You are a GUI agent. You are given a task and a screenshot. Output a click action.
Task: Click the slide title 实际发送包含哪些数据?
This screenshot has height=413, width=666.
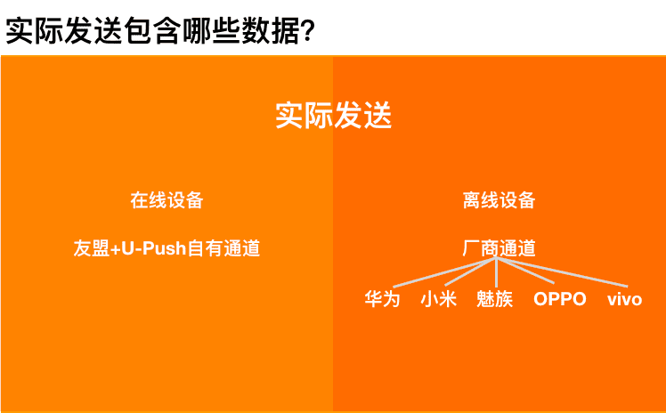[160, 30]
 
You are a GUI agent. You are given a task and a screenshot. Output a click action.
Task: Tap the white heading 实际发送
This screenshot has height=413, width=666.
[333, 115]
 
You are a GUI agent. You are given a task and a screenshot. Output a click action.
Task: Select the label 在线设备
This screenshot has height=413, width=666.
[166, 200]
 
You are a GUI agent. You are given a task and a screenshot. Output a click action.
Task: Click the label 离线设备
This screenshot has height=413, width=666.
[499, 200]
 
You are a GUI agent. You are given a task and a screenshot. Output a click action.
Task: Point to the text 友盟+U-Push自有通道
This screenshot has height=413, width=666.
[166, 248]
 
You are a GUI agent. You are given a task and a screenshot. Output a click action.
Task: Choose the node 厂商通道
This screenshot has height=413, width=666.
[499, 248]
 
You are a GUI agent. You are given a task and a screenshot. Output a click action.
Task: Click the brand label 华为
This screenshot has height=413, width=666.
[382, 299]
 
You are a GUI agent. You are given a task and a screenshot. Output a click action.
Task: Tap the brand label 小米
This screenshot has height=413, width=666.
[438, 299]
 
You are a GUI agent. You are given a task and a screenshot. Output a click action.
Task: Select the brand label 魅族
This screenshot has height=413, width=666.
[495, 299]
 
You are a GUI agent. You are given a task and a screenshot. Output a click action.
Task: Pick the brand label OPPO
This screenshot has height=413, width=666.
[560, 299]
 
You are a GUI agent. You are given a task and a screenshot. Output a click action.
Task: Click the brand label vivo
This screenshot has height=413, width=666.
[624, 299]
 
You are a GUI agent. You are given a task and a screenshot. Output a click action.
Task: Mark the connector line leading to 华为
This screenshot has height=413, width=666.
[444, 272]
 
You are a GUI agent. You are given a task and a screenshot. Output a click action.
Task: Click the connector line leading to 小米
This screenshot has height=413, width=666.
[471, 271]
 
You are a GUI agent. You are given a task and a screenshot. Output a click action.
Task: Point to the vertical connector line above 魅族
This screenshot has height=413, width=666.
[496, 272]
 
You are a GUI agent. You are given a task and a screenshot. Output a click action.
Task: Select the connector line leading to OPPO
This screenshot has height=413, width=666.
[525, 271]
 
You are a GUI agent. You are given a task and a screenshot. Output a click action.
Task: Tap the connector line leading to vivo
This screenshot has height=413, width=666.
[562, 272]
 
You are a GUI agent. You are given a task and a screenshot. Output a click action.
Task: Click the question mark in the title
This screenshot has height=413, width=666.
[307, 31]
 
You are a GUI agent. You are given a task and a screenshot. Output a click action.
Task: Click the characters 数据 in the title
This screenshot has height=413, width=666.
[270, 30]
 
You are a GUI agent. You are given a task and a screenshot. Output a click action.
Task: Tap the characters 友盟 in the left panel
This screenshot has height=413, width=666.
[92, 248]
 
